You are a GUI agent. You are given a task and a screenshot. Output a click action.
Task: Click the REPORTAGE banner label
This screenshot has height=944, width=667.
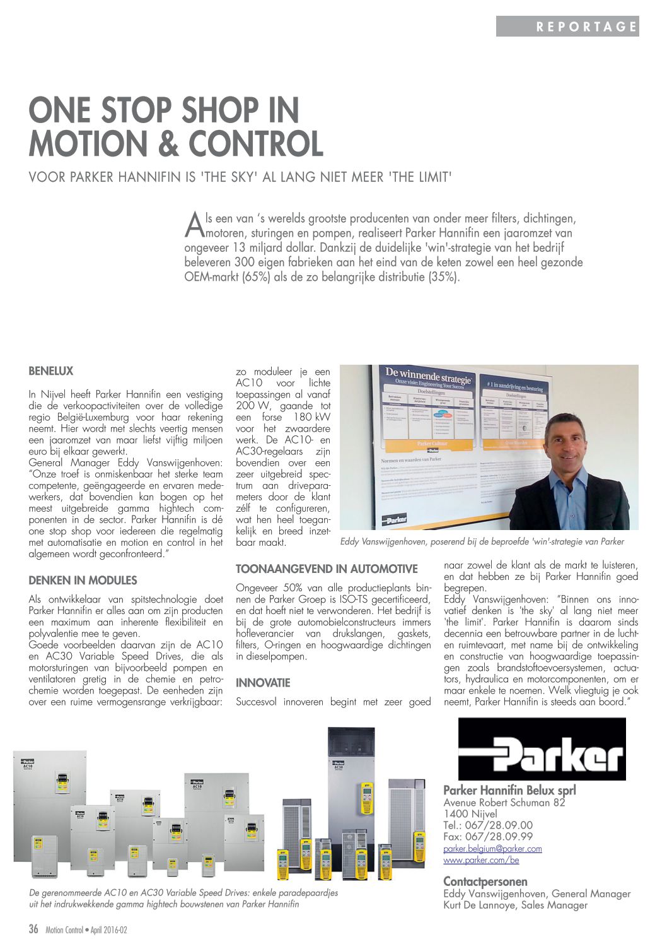click(x=587, y=27)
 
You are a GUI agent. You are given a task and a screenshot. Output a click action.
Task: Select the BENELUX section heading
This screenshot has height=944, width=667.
click(x=51, y=371)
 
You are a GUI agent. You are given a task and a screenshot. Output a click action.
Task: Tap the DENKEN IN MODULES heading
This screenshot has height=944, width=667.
click(x=83, y=581)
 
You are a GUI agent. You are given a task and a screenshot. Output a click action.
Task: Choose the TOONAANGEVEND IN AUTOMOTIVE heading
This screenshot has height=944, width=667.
click(x=327, y=569)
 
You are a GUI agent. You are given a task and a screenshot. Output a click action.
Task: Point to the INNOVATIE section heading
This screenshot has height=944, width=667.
click(x=263, y=683)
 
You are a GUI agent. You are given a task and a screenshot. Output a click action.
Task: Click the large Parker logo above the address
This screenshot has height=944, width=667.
click(x=542, y=748)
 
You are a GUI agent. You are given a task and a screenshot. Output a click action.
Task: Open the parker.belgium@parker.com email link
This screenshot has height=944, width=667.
click(x=492, y=849)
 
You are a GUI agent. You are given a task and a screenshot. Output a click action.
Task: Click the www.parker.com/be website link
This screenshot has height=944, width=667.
click(x=481, y=860)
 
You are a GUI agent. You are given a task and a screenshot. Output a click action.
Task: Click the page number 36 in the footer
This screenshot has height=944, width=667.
click(x=34, y=929)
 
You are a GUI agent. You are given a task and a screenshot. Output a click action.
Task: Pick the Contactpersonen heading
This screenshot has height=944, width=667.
click(x=485, y=882)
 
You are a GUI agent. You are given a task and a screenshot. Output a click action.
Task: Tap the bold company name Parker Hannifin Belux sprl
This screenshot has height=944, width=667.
click(x=509, y=791)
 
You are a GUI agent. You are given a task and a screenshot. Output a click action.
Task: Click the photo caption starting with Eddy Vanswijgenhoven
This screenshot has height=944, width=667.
click(x=482, y=541)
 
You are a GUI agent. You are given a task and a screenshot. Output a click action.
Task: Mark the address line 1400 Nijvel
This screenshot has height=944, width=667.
click(x=470, y=814)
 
